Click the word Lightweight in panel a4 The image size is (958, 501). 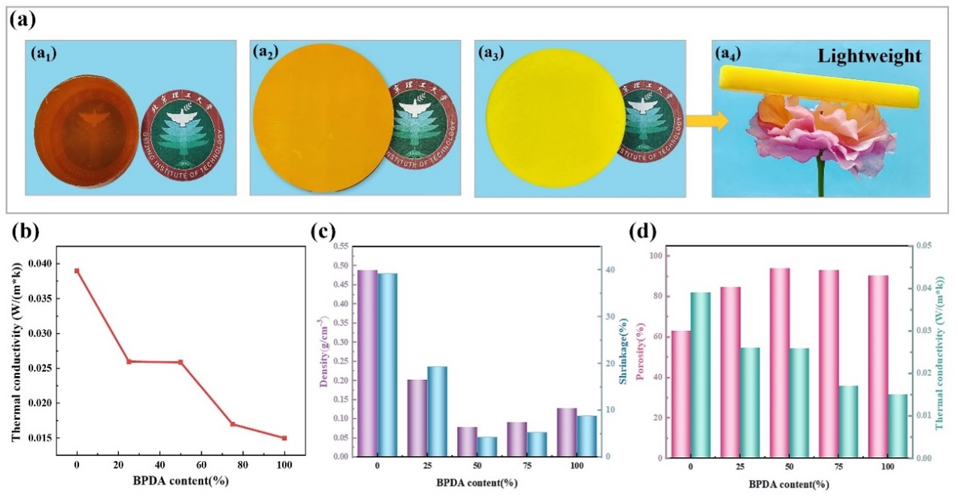click(x=877, y=56)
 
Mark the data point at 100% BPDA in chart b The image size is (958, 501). click(x=284, y=438)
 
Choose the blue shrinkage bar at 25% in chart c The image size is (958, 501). click(x=437, y=411)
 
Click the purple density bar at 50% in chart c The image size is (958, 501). click(x=467, y=442)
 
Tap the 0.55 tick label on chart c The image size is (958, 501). click(x=339, y=246)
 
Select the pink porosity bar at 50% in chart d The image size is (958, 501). click(x=779, y=363)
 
